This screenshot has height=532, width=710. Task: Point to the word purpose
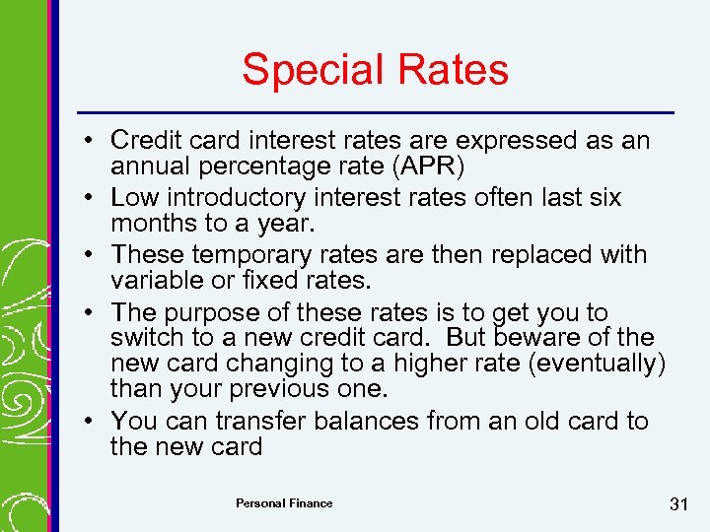pyautogui.click(x=214, y=312)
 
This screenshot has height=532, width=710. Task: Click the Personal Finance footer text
pyautogui.click(x=284, y=503)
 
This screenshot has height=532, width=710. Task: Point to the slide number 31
pyautogui.click(x=677, y=504)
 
